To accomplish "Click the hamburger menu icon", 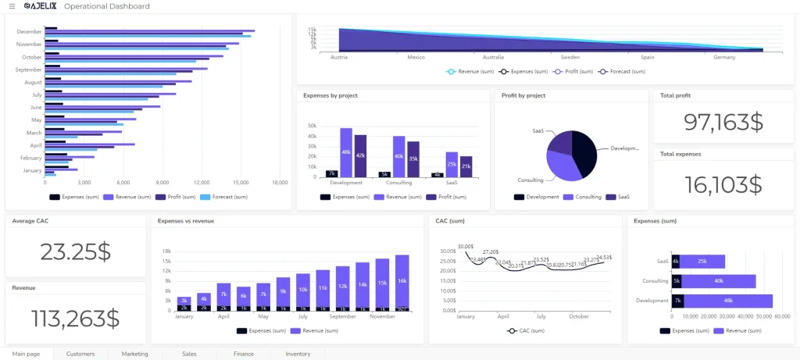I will click(x=12, y=6).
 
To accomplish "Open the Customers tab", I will click(x=80, y=354).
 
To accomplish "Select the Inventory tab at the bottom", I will click(x=298, y=354).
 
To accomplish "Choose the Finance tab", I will click(x=243, y=354).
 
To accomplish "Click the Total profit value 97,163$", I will click(x=723, y=122).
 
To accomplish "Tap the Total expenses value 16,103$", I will click(x=723, y=184).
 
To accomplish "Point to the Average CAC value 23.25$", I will click(x=75, y=251).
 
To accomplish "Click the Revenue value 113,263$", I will click(x=75, y=318).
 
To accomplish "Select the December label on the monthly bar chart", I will click(x=29, y=32).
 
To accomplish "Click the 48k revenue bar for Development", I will click(x=346, y=153).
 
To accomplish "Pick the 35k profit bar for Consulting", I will click(x=413, y=159).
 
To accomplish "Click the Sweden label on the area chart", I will click(x=570, y=57).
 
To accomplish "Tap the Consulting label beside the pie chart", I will click(x=530, y=180).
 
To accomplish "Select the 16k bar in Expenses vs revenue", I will click(x=402, y=280).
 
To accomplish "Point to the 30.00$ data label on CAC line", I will click(x=466, y=247).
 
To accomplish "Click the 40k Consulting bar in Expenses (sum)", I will click(x=718, y=281).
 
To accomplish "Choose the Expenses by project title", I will click(x=330, y=96).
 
